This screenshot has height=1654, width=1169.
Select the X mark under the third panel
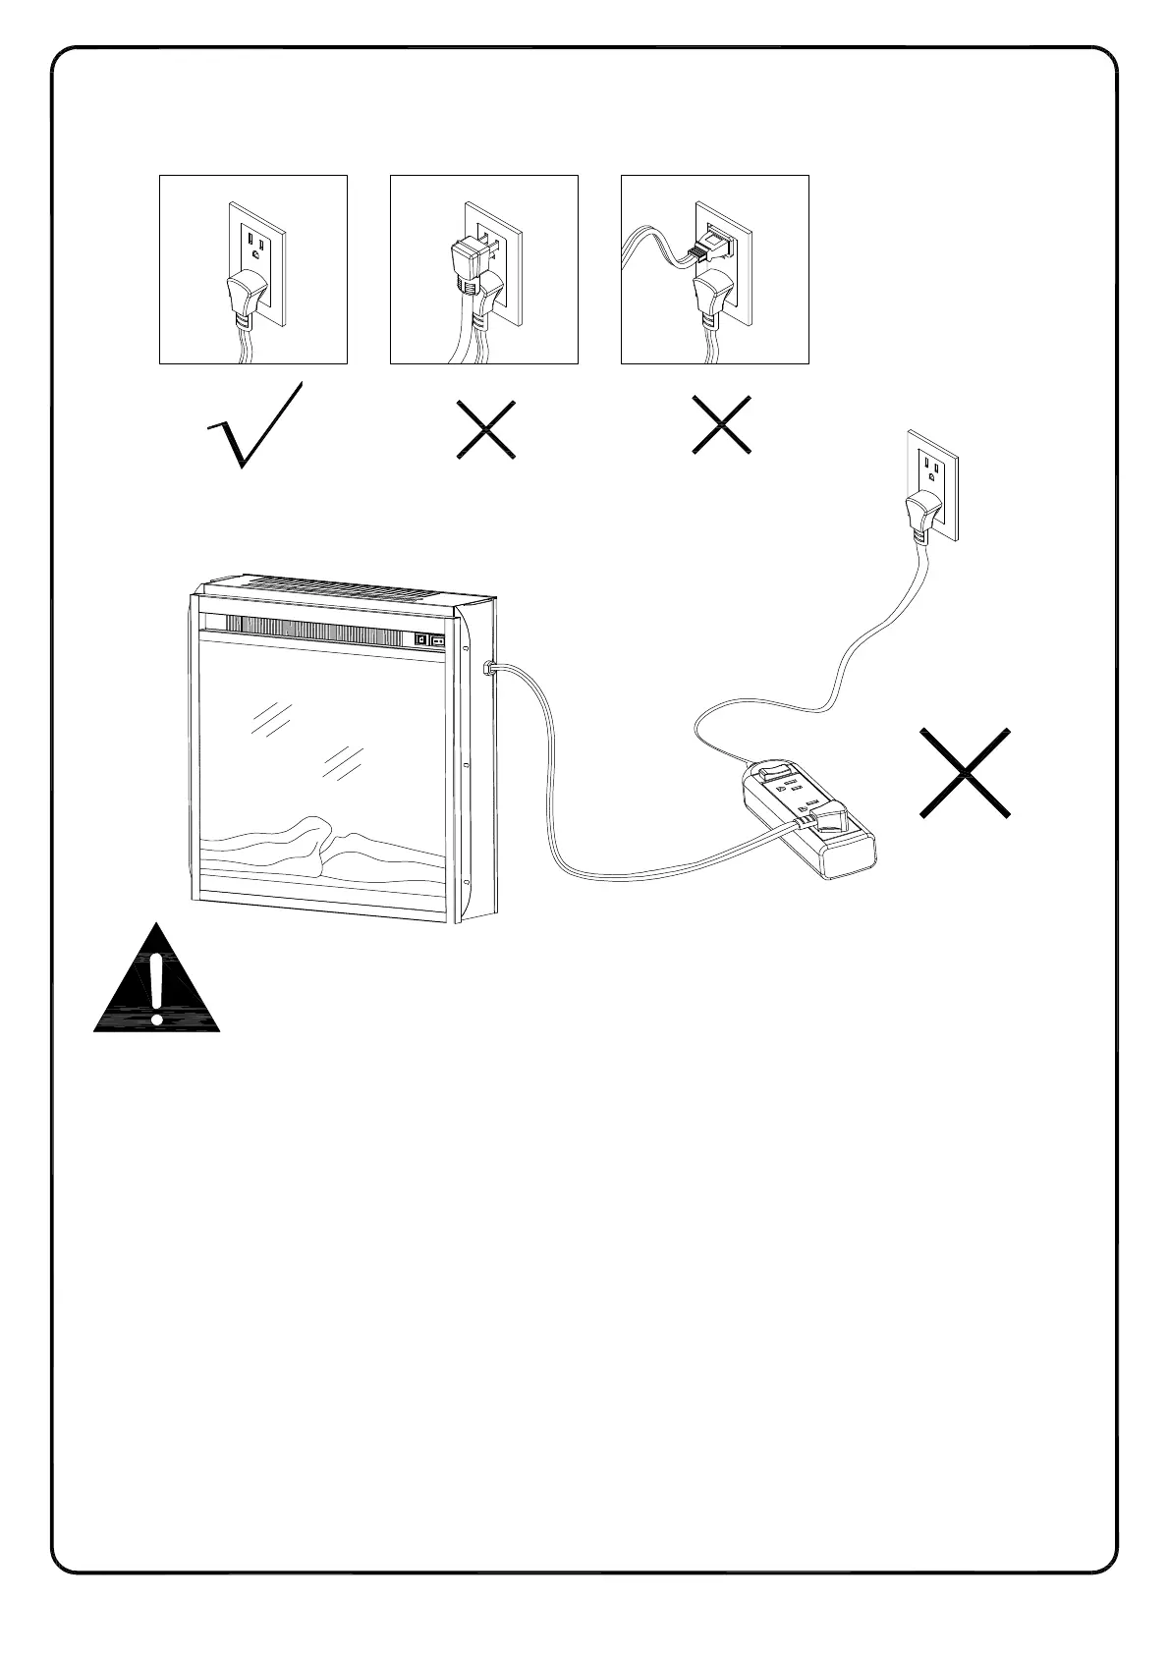722,425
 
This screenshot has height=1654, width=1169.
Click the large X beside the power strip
966,773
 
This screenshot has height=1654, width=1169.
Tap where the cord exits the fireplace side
488,669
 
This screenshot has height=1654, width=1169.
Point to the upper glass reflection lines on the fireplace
271,718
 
